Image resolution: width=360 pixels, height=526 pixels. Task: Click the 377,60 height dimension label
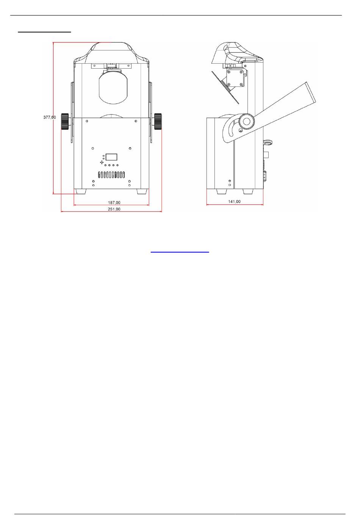pyautogui.click(x=50, y=117)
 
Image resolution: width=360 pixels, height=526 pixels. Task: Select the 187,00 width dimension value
pyautogui.click(x=114, y=203)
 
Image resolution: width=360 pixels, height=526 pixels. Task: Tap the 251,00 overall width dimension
pyautogui.click(x=114, y=209)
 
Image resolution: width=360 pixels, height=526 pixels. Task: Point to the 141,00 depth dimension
pyautogui.click(x=234, y=201)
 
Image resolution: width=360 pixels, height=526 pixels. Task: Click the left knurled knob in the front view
pyautogui.click(x=65, y=121)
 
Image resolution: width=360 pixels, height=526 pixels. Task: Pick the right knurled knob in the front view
pyautogui.click(x=158, y=121)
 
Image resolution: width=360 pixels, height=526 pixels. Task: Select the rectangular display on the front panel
pyautogui.click(x=111, y=157)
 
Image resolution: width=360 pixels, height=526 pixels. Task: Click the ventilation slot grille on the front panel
pyautogui.click(x=111, y=175)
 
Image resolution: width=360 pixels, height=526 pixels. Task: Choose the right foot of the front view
pyautogui.click(x=142, y=192)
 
